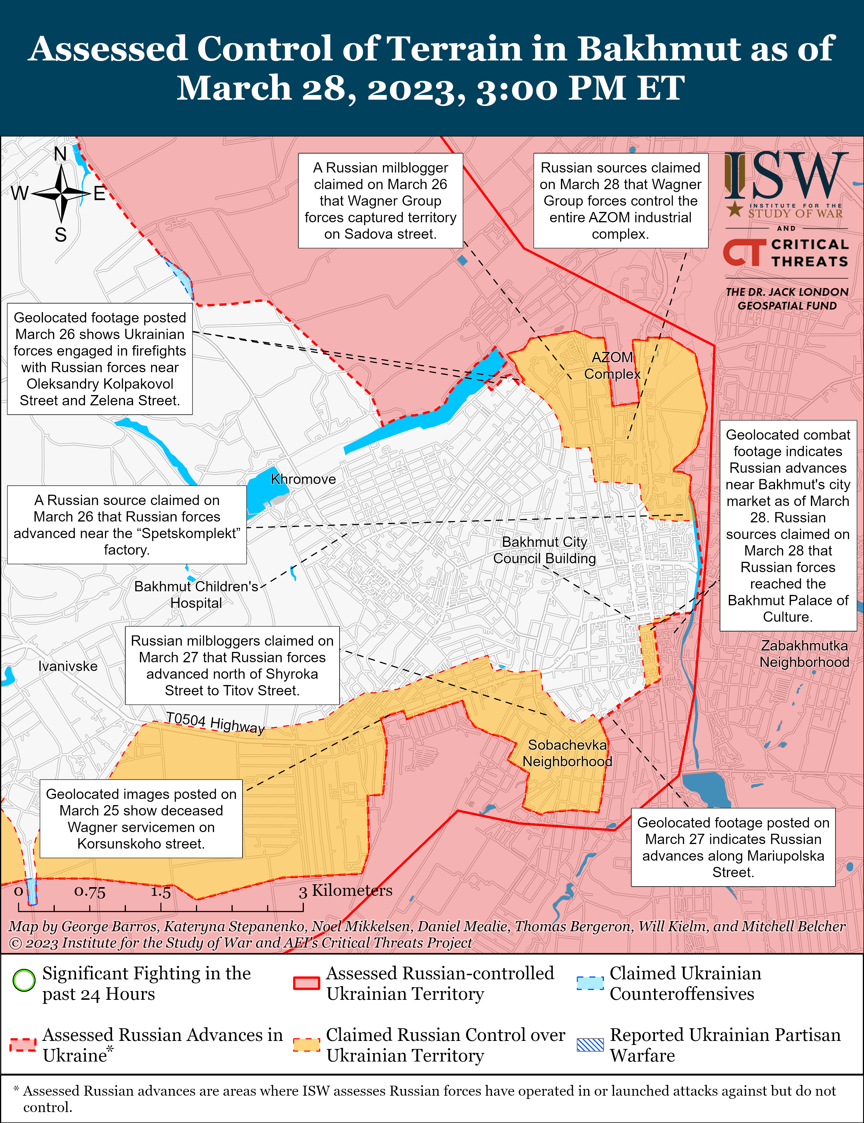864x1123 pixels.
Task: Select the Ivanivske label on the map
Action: tap(68, 666)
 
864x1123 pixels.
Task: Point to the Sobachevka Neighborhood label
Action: tap(567, 753)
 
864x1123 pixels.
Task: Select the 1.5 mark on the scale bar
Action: tap(160, 891)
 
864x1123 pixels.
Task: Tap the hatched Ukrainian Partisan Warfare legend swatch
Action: tap(590, 1045)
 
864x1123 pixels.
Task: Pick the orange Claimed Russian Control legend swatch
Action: tap(306, 1045)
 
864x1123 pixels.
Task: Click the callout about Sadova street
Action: tap(380, 200)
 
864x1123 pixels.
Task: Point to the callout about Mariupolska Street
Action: tap(733, 847)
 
